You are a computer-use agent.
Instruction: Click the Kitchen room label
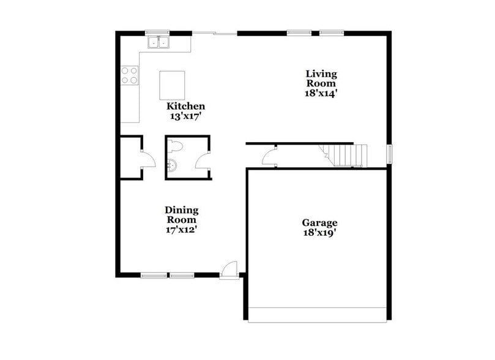[186, 106]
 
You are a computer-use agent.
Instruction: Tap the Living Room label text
[321, 78]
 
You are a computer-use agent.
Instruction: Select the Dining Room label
[181, 215]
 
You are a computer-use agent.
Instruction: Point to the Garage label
[319, 223]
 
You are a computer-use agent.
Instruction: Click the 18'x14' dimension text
[322, 94]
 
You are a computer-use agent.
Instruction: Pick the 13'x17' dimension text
[186, 115]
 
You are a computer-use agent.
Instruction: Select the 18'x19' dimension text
[319, 233]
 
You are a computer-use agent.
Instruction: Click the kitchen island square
[172, 85]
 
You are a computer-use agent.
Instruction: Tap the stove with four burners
[129, 75]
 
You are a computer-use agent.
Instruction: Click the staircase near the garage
[346, 155]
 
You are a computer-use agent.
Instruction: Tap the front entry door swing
[229, 269]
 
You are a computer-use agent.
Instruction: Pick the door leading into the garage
[269, 158]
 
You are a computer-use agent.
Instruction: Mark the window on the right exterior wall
[389, 155]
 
